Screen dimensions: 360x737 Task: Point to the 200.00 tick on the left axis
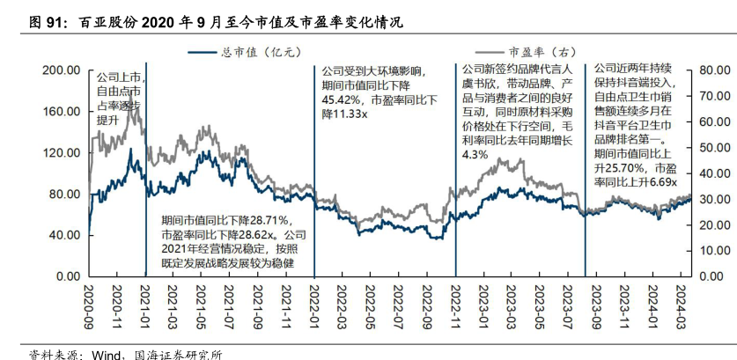point(61,70)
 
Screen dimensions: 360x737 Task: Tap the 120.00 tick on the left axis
point(61,152)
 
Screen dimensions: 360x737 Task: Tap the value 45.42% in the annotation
point(342,100)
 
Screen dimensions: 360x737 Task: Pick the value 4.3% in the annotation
point(475,155)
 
